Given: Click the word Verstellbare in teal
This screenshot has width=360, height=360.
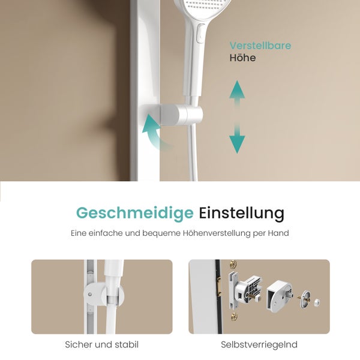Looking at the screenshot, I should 260,46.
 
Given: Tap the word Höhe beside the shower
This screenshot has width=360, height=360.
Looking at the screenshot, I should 242,58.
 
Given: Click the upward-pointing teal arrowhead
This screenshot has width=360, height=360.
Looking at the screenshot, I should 238,90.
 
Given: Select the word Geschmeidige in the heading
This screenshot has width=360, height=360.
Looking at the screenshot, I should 134,213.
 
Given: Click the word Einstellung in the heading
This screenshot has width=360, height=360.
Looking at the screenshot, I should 241,213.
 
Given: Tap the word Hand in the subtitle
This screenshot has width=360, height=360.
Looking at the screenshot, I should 279,232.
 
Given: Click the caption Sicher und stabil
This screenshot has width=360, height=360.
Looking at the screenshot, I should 101,345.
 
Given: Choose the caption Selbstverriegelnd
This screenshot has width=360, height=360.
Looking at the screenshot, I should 259,345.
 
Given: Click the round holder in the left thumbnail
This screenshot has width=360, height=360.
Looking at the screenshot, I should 91,294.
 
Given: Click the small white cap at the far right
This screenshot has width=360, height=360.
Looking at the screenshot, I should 317,302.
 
